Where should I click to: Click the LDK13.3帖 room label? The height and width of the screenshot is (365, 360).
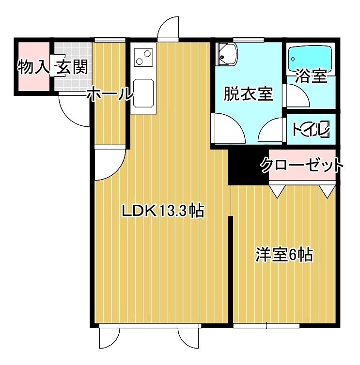pyautogui.click(x=162, y=211)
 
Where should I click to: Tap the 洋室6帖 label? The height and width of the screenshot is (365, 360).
pyautogui.click(x=284, y=254)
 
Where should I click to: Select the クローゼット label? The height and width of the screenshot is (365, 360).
pyautogui.click(x=301, y=166)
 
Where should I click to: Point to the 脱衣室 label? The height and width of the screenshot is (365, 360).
pyautogui.click(x=248, y=93)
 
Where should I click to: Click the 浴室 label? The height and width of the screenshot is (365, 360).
pyautogui.click(x=312, y=76)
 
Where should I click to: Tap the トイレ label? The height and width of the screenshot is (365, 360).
pyautogui.click(x=310, y=129)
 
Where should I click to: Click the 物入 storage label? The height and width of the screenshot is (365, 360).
pyautogui.click(x=33, y=67)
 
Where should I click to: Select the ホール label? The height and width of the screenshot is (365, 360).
pyautogui.click(x=110, y=94)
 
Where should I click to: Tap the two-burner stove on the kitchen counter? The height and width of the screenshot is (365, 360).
pyautogui.click(x=142, y=57)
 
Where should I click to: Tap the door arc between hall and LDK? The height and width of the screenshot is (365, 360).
pyautogui.click(x=108, y=165)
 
